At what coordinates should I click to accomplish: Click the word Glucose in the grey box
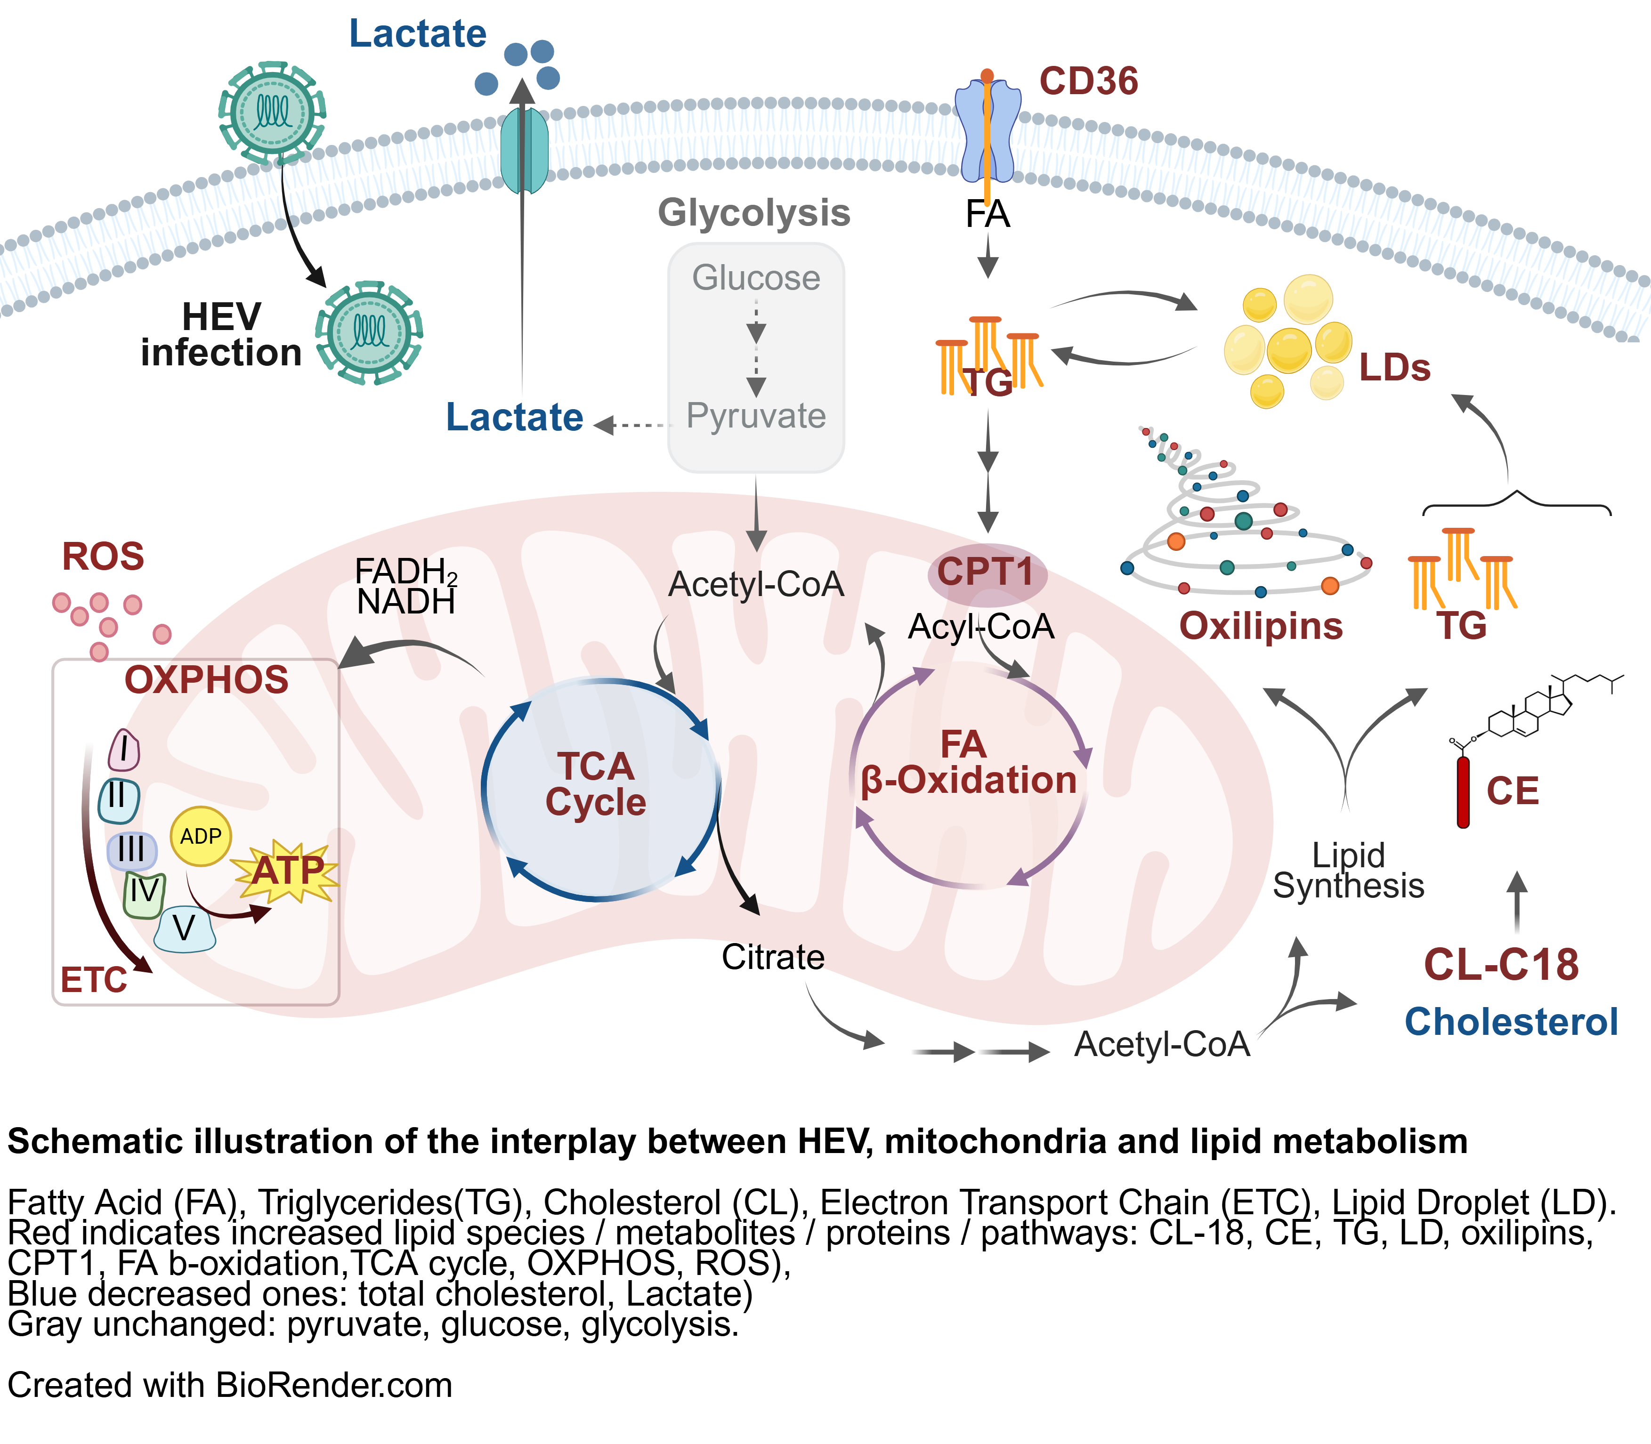(756, 278)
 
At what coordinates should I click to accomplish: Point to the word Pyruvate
(756, 416)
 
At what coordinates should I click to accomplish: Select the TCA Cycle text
(595, 784)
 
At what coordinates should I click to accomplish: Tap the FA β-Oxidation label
(968, 763)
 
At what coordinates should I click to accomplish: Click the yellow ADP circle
(201, 837)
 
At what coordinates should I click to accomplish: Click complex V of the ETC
(185, 929)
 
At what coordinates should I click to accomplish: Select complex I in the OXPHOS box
(124, 750)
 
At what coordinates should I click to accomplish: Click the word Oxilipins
(1260, 626)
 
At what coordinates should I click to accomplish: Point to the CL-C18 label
(1500, 965)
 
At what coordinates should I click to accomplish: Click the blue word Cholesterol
(1511, 1022)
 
